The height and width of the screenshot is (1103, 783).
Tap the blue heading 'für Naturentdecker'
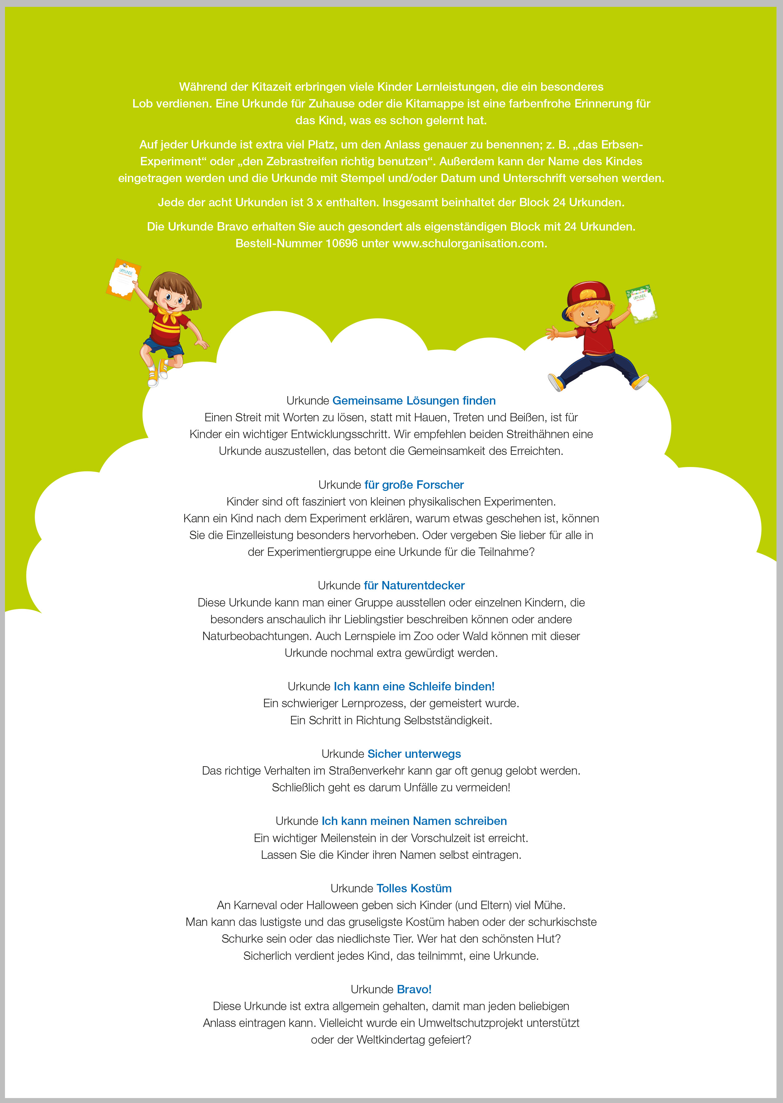pos(414,585)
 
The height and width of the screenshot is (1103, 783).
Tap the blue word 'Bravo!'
pos(414,989)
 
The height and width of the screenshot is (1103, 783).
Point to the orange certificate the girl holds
pos(123,279)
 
